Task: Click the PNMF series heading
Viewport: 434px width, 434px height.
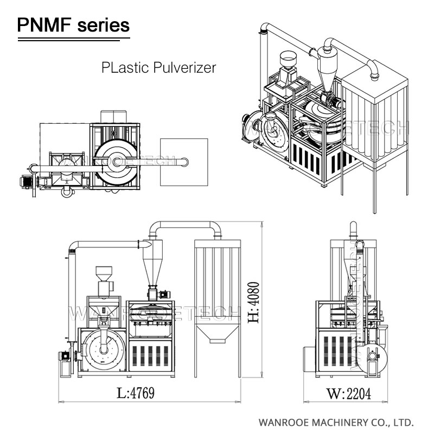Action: coord(74,24)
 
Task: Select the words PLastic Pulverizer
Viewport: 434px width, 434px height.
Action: coord(159,68)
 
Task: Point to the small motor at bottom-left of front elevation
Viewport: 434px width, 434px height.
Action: coord(63,358)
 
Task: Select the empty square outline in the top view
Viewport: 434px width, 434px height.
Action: coord(184,162)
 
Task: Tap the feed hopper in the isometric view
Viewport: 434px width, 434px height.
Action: coord(287,59)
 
